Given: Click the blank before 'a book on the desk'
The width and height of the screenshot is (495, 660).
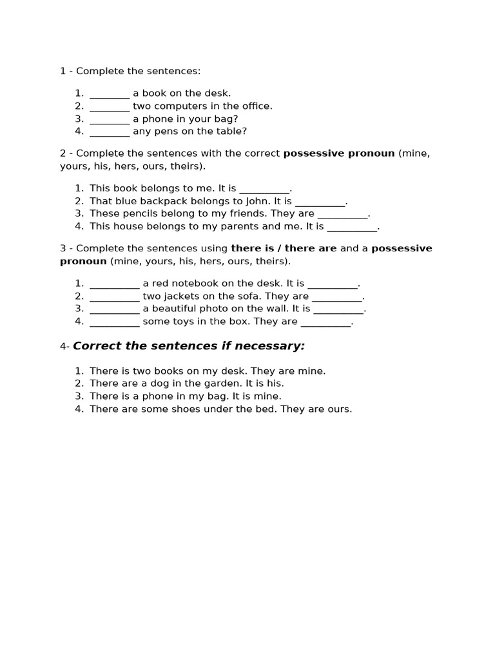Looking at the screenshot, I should [110, 93].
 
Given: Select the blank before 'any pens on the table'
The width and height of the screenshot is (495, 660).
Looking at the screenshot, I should [110, 131].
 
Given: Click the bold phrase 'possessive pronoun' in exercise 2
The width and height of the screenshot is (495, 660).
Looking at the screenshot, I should [338, 153].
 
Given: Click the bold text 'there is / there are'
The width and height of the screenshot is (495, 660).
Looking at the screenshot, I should [284, 249].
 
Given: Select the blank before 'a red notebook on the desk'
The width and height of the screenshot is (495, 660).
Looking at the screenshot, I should [114, 284].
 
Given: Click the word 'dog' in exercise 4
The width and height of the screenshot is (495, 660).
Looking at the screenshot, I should [155, 383].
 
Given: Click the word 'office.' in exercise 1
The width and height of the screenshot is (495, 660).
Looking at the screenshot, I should [255, 106].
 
